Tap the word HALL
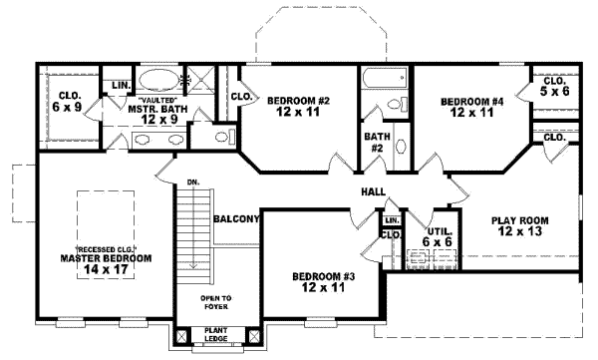(374, 191)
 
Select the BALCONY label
(236, 218)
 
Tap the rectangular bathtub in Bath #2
(384, 79)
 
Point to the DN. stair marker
(191, 182)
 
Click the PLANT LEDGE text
(215, 334)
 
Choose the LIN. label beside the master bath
(121, 86)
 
